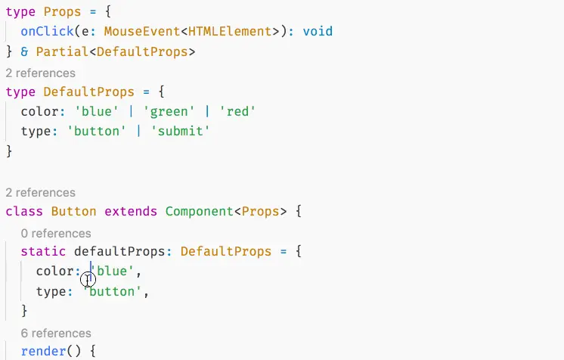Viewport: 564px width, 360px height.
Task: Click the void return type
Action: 318,32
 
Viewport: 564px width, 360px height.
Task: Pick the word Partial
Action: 62,51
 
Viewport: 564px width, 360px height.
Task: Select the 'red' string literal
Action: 237,112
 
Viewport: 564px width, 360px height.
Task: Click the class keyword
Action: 24,212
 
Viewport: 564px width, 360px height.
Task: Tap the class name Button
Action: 74,212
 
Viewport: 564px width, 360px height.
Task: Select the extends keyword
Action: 131,212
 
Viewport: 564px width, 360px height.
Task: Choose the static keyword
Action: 43,251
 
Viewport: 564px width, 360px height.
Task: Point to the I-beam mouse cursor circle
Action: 88,280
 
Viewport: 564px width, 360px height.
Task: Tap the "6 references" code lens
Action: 56,333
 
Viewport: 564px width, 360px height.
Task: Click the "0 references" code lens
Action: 56,233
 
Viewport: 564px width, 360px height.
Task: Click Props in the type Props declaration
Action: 58,12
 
